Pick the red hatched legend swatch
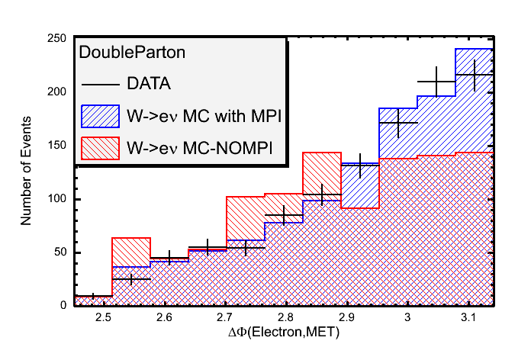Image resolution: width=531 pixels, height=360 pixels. pos(99,146)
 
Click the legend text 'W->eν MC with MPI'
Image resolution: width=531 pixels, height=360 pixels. pos(201,115)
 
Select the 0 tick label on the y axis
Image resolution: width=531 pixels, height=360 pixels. pos(65,305)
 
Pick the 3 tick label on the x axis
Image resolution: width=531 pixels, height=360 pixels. pos(408,317)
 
